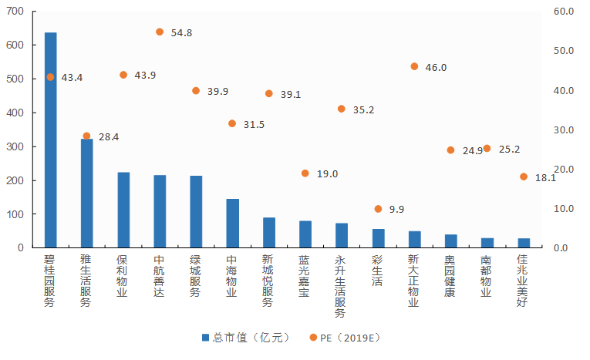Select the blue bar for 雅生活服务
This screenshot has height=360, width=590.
tap(86, 193)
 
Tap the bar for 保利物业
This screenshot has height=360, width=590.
tap(123, 210)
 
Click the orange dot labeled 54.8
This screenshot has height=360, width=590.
tap(160, 32)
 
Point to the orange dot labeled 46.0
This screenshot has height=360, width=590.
tap(414, 66)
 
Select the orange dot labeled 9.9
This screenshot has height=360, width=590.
tap(378, 209)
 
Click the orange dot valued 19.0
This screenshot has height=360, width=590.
tap(305, 173)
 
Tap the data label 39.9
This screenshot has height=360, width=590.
tap(217, 91)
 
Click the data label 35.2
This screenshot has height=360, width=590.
tap(363, 110)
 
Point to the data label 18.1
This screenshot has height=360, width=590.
tap(545, 178)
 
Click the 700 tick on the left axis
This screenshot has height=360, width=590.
tap(16, 12)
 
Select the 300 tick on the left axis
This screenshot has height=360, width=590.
tap(16, 146)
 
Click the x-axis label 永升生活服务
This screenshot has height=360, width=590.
tap(341, 287)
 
